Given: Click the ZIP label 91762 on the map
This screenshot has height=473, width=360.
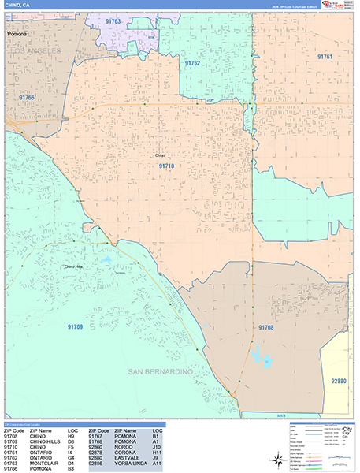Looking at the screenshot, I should [192, 63].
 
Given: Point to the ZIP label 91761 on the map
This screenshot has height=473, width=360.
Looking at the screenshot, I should [325, 57].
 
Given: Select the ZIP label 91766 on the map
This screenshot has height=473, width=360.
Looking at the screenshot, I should [28, 97].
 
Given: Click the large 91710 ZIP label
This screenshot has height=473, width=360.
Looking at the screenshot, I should [166, 166].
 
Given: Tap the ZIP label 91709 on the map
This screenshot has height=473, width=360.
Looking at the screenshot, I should [76, 326].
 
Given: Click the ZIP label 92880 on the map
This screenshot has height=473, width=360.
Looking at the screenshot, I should [338, 381].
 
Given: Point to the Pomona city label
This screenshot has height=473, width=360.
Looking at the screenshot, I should [17, 35].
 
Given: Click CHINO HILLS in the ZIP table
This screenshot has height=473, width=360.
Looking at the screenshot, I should [43, 441].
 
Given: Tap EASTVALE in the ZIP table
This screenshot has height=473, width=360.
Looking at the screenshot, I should [128, 456].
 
